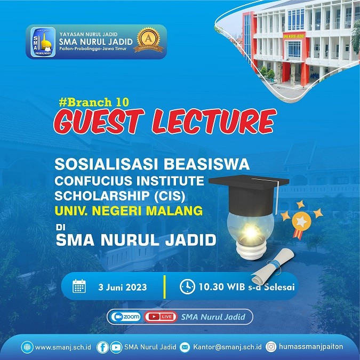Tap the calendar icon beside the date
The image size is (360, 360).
click(x=79, y=286)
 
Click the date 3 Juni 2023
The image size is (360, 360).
click(x=122, y=287)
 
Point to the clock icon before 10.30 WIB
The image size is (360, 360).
click(x=187, y=286)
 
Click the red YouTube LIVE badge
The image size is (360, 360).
click(x=160, y=317)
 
